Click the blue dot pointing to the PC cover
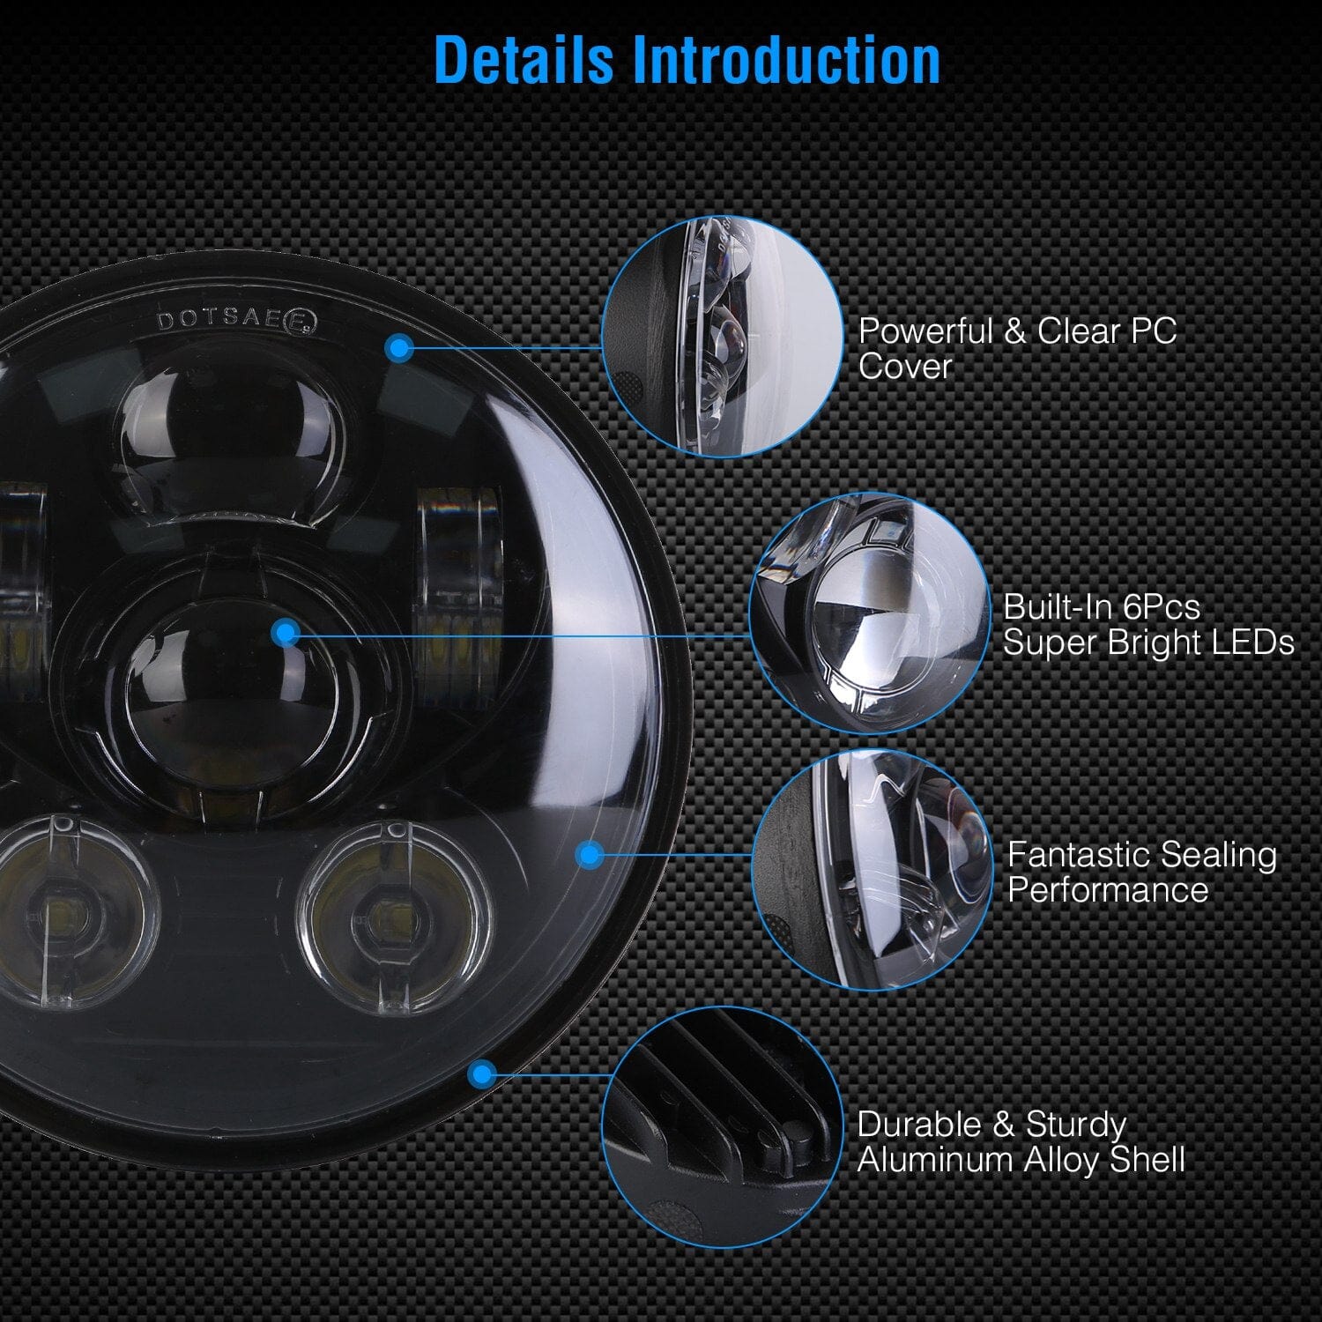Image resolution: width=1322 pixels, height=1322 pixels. pyautogui.click(x=400, y=349)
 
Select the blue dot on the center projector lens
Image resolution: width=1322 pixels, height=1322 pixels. pyautogui.click(x=286, y=632)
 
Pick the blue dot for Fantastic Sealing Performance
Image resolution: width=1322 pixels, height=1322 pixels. pyautogui.click(x=589, y=854)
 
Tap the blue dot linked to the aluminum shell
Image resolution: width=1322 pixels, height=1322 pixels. pyautogui.click(x=481, y=1073)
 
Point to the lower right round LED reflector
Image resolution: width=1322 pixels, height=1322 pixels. pyautogui.click(x=392, y=917)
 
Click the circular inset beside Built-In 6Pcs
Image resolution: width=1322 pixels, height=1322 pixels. pyautogui.click(x=870, y=613)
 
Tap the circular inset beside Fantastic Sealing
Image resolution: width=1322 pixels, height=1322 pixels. pyautogui.click(x=873, y=871)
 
